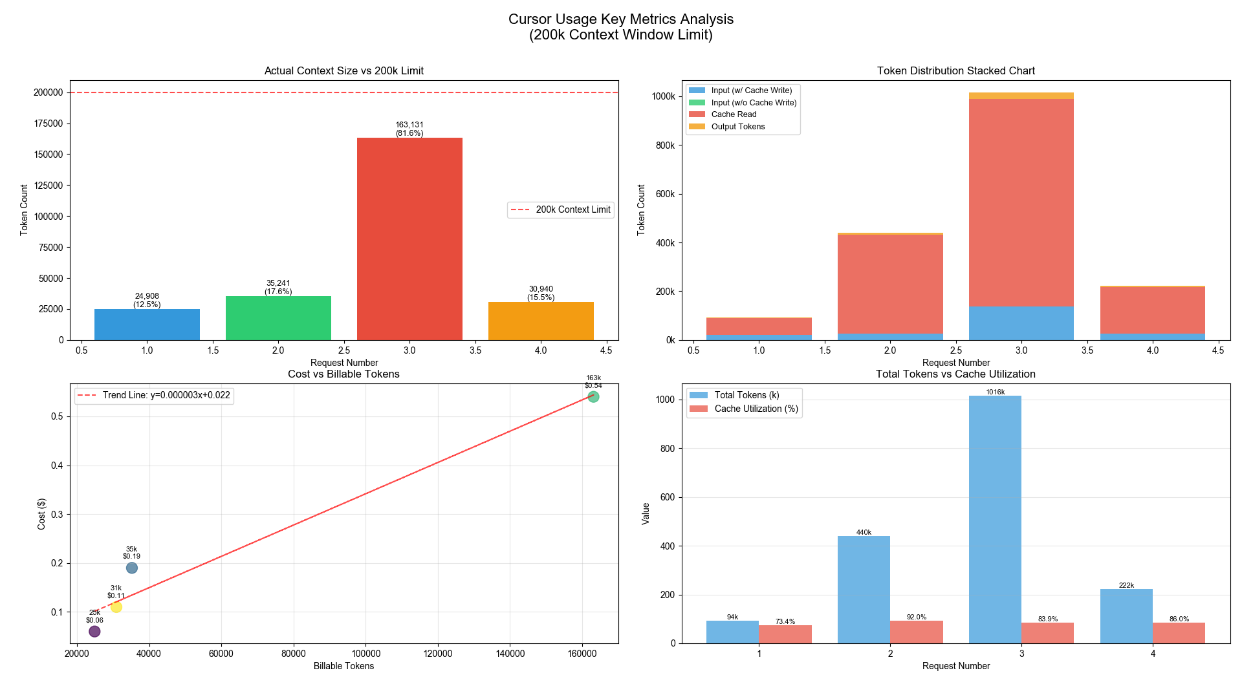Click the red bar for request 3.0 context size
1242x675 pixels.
409,239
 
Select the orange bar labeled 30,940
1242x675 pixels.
541,321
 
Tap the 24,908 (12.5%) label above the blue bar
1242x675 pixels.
147,300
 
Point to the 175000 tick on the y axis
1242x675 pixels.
48,123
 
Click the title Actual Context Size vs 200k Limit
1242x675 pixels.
343,70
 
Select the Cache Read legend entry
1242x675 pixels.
734,114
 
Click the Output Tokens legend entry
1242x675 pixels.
737,127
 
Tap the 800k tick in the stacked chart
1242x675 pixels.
664,145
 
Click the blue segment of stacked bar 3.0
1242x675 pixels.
1021,323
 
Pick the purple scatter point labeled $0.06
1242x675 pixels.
94,631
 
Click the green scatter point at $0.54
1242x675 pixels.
593,397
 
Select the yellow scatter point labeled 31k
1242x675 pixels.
116,607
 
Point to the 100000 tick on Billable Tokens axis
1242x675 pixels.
365,654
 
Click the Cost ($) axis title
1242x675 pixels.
41,514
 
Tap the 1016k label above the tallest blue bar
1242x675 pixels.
995,392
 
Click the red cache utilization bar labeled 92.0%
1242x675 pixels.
916,632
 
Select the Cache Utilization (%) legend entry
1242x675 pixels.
756,409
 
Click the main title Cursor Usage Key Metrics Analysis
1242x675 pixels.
620,19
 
